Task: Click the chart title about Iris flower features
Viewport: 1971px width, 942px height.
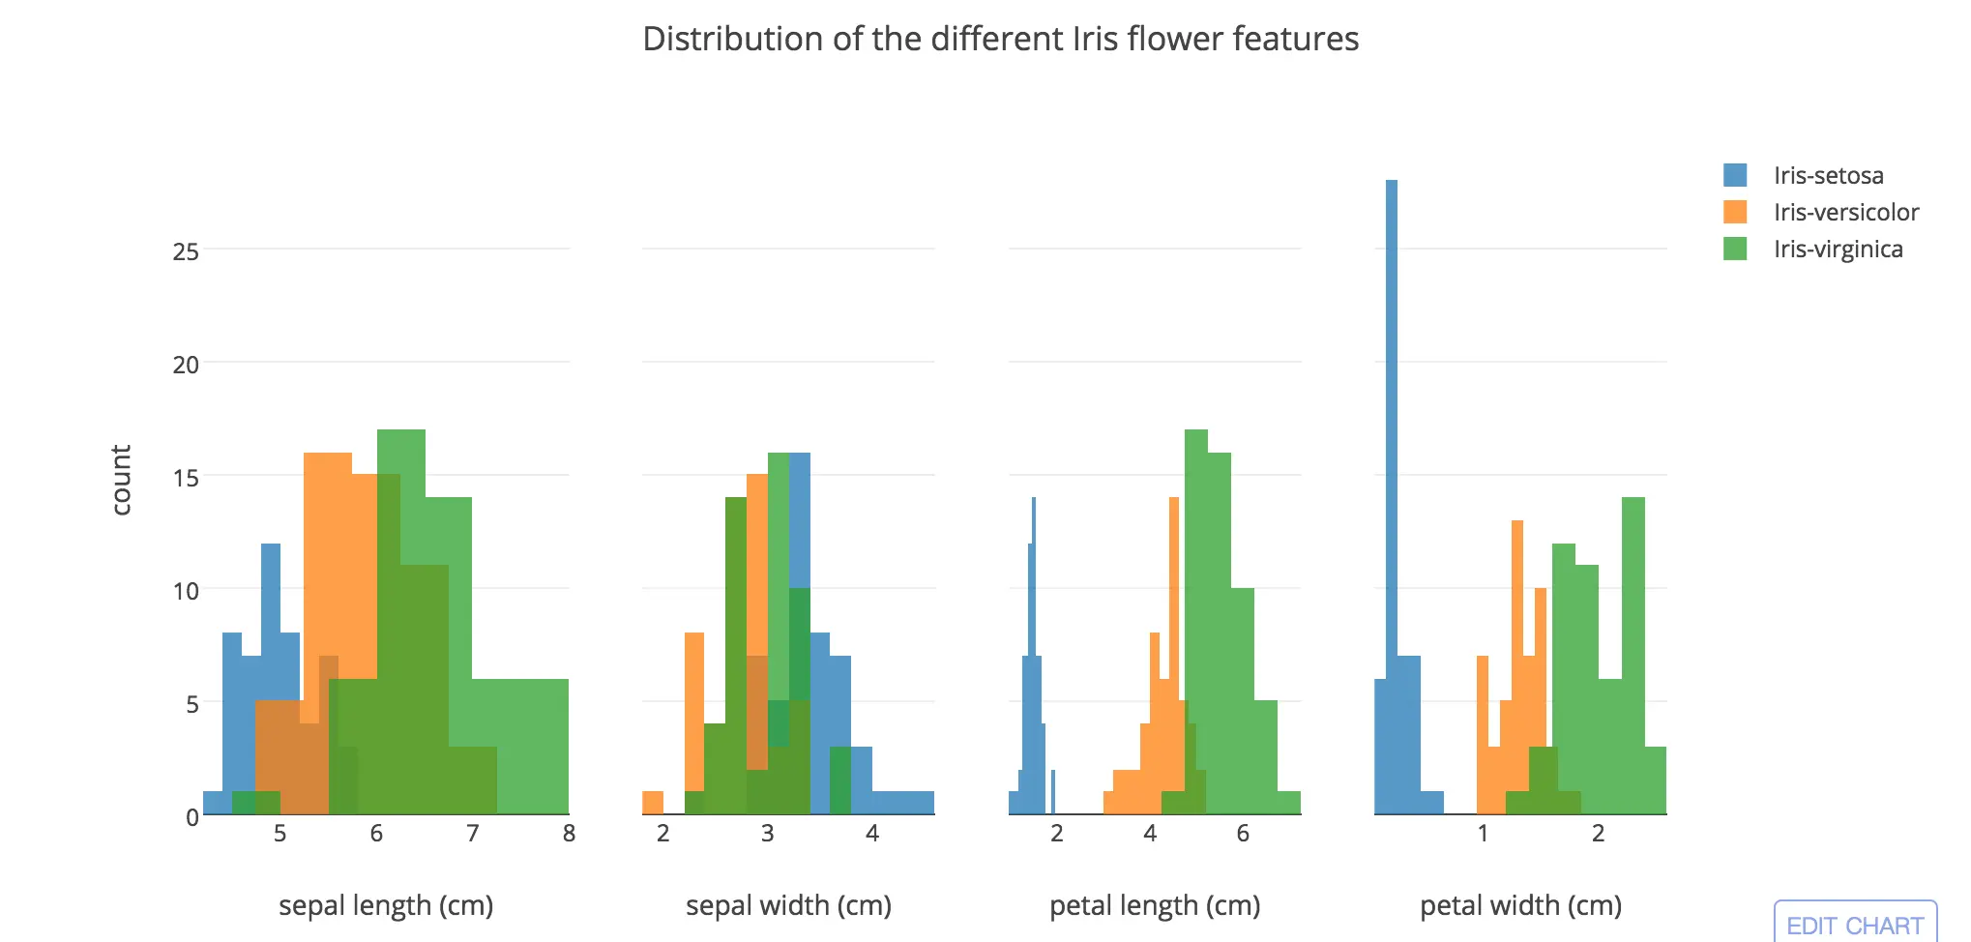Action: coord(1000,40)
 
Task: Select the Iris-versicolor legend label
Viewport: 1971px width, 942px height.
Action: coord(1845,213)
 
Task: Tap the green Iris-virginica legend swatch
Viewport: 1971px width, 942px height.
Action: coord(1735,250)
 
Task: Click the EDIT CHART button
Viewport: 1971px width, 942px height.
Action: coord(1854,925)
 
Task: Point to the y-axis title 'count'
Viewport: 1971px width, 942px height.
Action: coord(121,480)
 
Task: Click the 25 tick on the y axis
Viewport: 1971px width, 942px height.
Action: coord(186,252)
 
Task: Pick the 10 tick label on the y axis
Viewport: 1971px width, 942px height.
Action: coord(186,591)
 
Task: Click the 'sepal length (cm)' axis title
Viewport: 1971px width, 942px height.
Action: coord(386,905)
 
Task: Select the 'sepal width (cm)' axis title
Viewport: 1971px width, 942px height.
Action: coord(788,905)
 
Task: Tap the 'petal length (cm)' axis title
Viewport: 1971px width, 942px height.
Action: coord(1155,905)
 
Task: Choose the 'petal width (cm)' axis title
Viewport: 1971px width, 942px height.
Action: coord(1520,905)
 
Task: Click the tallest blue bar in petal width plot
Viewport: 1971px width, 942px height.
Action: coord(1392,484)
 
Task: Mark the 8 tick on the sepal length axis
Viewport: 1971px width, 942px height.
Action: coord(569,834)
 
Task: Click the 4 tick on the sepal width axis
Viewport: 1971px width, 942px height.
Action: coord(872,834)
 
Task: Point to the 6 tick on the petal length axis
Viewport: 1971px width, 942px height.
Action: coord(1243,834)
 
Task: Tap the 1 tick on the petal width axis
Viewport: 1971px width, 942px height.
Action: coord(1483,834)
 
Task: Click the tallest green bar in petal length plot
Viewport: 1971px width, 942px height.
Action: coord(1196,619)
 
